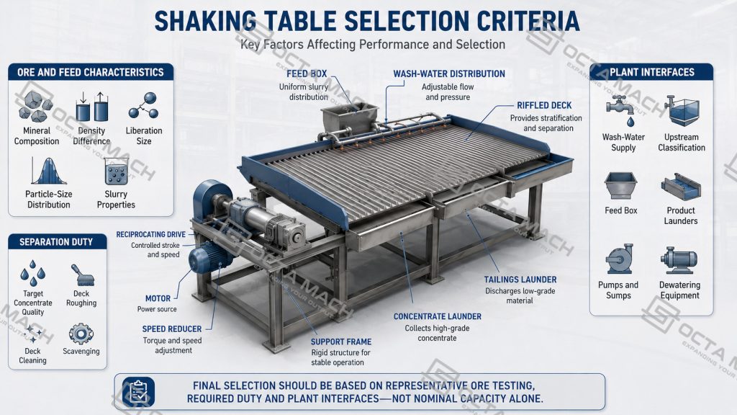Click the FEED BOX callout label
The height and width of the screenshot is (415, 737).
(x=307, y=74)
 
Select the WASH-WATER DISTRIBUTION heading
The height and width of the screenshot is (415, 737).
(x=449, y=74)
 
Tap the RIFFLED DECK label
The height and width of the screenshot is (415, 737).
(x=544, y=105)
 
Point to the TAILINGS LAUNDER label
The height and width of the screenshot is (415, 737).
(x=520, y=280)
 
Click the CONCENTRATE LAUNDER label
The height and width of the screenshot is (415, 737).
(x=437, y=317)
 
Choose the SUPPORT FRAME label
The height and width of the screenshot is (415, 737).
(x=340, y=342)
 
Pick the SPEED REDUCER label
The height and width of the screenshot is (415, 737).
(x=171, y=329)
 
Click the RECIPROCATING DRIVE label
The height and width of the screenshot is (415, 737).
(x=151, y=234)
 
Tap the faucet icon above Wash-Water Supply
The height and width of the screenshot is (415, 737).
(x=620, y=110)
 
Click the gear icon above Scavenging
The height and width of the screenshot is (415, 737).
(x=81, y=334)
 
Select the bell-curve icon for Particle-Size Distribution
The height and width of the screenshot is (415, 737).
(x=48, y=171)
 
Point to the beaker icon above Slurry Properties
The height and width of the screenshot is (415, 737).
(x=116, y=171)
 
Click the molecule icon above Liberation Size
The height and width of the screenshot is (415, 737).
(x=144, y=105)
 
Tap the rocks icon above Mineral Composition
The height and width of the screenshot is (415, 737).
(x=36, y=107)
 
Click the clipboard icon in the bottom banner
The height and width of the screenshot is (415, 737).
(x=138, y=392)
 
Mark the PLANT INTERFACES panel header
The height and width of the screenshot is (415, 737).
(x=651, y=73)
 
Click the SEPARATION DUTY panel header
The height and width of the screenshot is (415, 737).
(x=57, y=242)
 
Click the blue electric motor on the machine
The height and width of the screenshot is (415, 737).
(x=210, y=259)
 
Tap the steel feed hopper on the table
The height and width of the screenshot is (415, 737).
(x=350, y=119)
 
